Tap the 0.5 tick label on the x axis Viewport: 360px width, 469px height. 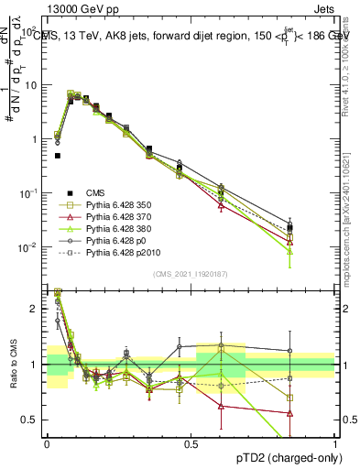pos(191,443)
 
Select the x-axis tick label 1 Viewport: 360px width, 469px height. pos(335,443)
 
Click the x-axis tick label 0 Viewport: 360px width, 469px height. pos(47,443)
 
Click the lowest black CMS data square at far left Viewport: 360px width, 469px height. pos(58,156)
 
